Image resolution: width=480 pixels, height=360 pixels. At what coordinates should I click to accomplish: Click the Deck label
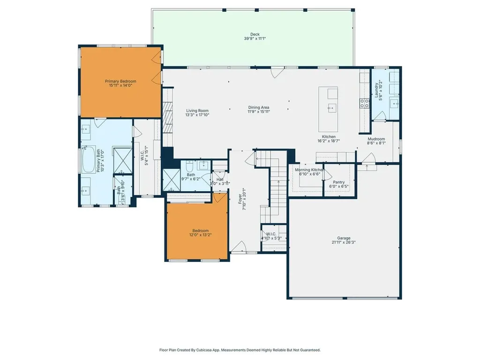coord(255,34)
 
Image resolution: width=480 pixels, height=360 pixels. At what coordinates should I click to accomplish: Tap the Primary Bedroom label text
coord(120,81)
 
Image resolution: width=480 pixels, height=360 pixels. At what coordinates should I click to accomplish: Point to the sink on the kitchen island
coord(332,108)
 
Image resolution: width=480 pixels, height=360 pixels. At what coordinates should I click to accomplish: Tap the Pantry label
coord(338,182)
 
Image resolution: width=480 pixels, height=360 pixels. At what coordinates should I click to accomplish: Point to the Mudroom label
coord(376,139)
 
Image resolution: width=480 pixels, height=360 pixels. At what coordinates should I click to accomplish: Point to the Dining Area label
coord(259,107)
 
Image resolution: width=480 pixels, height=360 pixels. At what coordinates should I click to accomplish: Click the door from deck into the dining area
coord(277,72)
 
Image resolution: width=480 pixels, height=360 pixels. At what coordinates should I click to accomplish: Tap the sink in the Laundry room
coord(395,103)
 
